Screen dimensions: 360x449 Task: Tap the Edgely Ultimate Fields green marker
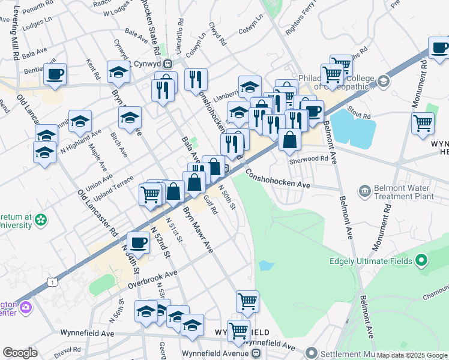coord(421,261)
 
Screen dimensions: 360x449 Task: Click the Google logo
coord(20,353)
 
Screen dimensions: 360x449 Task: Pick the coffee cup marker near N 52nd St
coord(139,242)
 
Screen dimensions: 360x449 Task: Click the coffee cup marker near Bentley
coord(55,74)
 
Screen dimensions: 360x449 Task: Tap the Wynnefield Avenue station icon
coord(257,353)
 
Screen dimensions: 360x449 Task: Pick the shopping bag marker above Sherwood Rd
coord(289,140)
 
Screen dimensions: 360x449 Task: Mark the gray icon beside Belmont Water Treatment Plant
coord(364,191)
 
